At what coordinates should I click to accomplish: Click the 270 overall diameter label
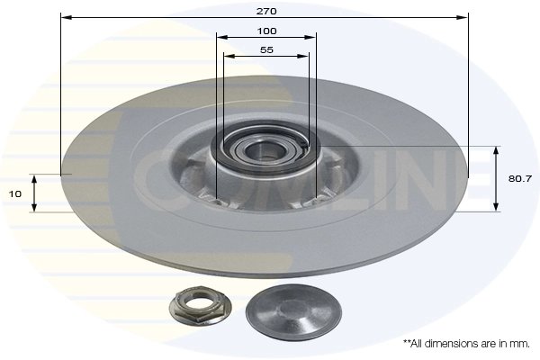(x=265, y=11)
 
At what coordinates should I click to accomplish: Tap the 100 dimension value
(x=265, y=31)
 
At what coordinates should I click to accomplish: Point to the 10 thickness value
(x=14, y=193)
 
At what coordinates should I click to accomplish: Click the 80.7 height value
(x=519, y=178)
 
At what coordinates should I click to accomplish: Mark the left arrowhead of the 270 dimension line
(x=64, y=17)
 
